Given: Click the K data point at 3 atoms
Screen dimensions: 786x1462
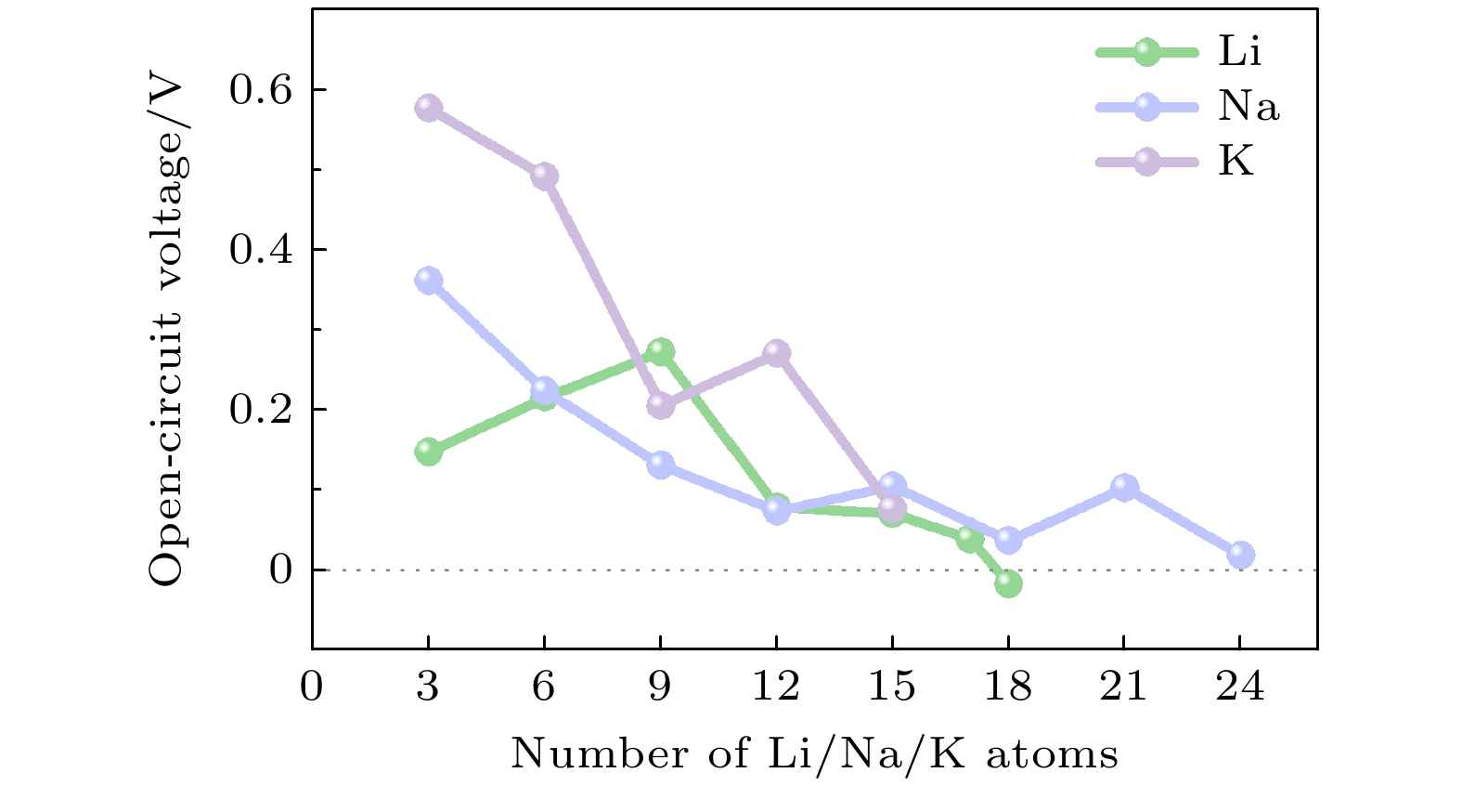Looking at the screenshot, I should [428, 108].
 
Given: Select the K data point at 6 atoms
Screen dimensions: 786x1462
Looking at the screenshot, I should [544, 176].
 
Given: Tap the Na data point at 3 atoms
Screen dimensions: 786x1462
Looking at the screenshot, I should [428, 280].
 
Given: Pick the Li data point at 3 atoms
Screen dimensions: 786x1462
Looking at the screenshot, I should [428, 452].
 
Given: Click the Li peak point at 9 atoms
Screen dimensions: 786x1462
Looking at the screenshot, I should [660, 351].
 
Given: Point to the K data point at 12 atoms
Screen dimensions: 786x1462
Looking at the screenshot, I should [776, 353].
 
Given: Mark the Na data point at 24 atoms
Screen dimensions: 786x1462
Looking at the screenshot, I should [1240, 555].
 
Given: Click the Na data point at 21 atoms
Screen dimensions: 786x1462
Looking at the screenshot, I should [1124, 487].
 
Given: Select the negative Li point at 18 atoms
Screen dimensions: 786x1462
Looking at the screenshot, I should [1008, 583].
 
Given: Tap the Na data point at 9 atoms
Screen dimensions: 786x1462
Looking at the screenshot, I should [660, 465].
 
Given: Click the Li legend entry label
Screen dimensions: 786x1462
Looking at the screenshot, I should [1239, 52].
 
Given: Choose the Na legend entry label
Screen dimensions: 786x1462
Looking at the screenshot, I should [1249, 107].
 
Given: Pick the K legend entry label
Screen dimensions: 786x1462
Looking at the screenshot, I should [1236, 162].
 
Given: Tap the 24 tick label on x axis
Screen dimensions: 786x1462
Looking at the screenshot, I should [1240, 688].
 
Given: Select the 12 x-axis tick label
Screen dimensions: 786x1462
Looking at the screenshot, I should [776, 688].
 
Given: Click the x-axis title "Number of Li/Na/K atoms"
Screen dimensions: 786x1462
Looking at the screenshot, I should [814, 753].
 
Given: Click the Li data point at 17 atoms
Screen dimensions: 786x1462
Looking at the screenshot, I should [969, 539].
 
